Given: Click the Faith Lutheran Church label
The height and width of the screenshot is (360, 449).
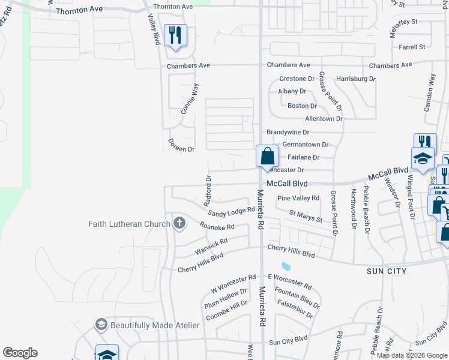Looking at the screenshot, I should click(x=129, y=224).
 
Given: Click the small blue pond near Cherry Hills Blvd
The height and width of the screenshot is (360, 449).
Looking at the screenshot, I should click(x=286, y=266).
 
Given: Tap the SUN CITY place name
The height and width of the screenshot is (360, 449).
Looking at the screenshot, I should click(x=387, y=271).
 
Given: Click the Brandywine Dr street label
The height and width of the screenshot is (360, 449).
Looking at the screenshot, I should click(x=288, y=132).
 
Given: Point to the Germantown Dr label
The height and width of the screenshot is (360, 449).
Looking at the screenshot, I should click(x=306, y=145).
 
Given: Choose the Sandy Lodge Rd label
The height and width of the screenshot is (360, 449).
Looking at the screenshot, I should click(x=232, y=212).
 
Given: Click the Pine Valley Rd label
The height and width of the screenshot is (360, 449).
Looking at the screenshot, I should click(x=298, y=199).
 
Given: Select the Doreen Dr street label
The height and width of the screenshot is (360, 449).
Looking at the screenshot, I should click(x=181, y=145).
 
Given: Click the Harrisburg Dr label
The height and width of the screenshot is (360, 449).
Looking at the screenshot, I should click(x=356, y=79).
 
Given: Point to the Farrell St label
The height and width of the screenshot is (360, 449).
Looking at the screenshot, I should click(x=411, y=47).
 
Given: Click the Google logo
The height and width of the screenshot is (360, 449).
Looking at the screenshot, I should click(x=20, y=353).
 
